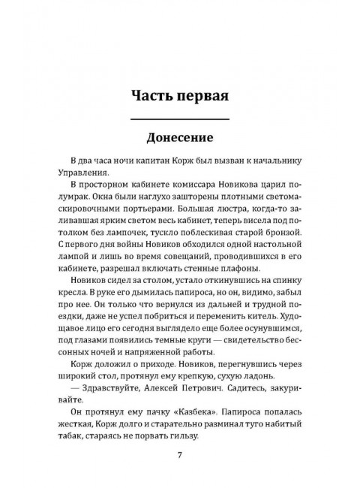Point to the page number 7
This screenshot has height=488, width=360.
(180, 454)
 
